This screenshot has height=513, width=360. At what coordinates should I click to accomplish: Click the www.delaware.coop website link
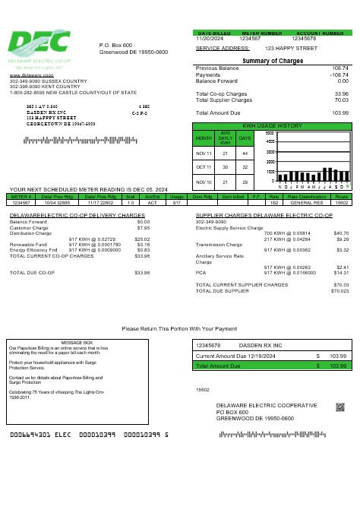tap(26, 76)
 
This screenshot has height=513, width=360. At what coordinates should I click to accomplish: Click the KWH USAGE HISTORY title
tap(272, 125)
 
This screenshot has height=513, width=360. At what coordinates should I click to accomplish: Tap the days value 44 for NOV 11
tap(245, 153)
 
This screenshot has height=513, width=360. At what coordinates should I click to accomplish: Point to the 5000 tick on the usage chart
tap(270, 135)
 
